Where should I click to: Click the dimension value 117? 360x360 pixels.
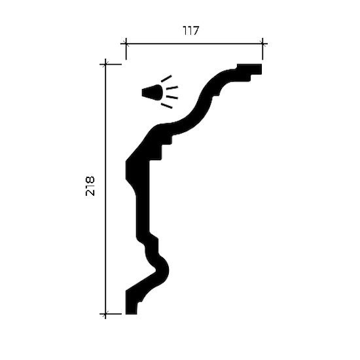[x=190, y=31]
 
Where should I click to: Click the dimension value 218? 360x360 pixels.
[x=90, y=186]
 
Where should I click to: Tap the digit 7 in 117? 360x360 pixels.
[x=195, y=31]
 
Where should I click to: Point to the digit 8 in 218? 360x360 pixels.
[x=90, y=179]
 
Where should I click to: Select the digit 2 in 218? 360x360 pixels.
[x=90, y=192]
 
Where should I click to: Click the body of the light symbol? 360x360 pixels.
[x=153, y=92]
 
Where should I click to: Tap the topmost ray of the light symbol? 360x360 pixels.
[x=166, y=79]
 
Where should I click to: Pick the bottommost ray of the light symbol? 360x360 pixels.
[x=167, y=106]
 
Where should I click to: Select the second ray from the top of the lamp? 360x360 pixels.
[x=172, y=88]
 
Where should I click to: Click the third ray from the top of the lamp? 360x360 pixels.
[x=172, y=97]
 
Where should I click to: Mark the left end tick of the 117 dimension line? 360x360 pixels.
[x=126, y=43]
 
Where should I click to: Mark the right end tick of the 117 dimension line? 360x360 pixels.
[x=262, y=43]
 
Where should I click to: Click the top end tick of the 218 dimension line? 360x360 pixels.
[x=105, y=64]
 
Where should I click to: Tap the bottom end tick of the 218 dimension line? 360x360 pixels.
[x=105, y=314]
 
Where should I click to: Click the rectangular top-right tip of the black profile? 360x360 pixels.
[x=249, y=69]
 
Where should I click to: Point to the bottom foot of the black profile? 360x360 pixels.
[x=131, y=306]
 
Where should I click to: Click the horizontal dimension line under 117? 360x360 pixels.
[x=194, y=43]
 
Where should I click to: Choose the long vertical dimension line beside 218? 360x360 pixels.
[x=105, y=189]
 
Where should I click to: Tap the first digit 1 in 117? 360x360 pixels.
[x=185, y=31]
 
